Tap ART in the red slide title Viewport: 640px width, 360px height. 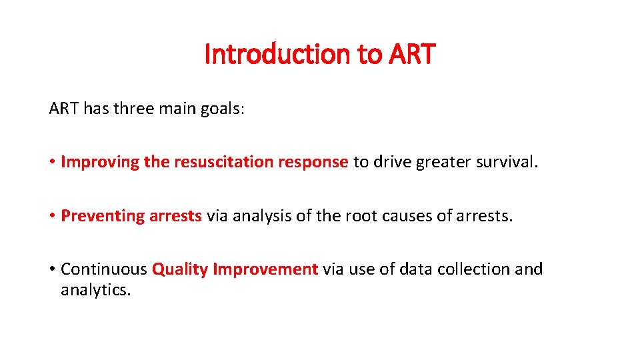click(x=410, y=54)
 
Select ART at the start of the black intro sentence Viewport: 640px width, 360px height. click(x=64, y=108)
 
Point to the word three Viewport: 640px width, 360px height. click(x=137, y=108)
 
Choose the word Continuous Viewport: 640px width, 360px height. click(x=104, y=269)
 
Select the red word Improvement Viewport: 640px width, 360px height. click(x=265, y=269)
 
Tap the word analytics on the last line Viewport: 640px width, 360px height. click(x=95, y=291)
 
